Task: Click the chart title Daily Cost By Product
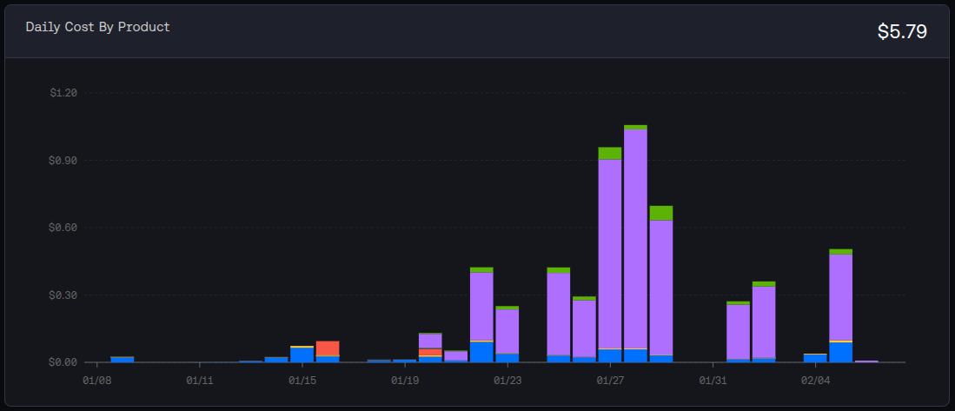(97, 27)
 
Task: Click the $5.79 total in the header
(902, 32)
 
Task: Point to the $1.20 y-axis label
(63, 93)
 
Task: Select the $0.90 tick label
(63, 161)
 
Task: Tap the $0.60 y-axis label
(63, 228)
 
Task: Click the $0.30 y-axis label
(63, 295)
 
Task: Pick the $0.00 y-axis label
(63, 362)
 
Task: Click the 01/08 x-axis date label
(96, 380)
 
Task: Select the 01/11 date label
(199, 380)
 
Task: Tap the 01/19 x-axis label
(405, 380)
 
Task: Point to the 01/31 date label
(713, 380)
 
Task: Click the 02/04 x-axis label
(815, 380)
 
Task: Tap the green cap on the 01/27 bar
(610, 153)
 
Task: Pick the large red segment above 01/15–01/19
(328, 348)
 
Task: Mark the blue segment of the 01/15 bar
(302, 355)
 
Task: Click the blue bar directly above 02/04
(815, 357)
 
